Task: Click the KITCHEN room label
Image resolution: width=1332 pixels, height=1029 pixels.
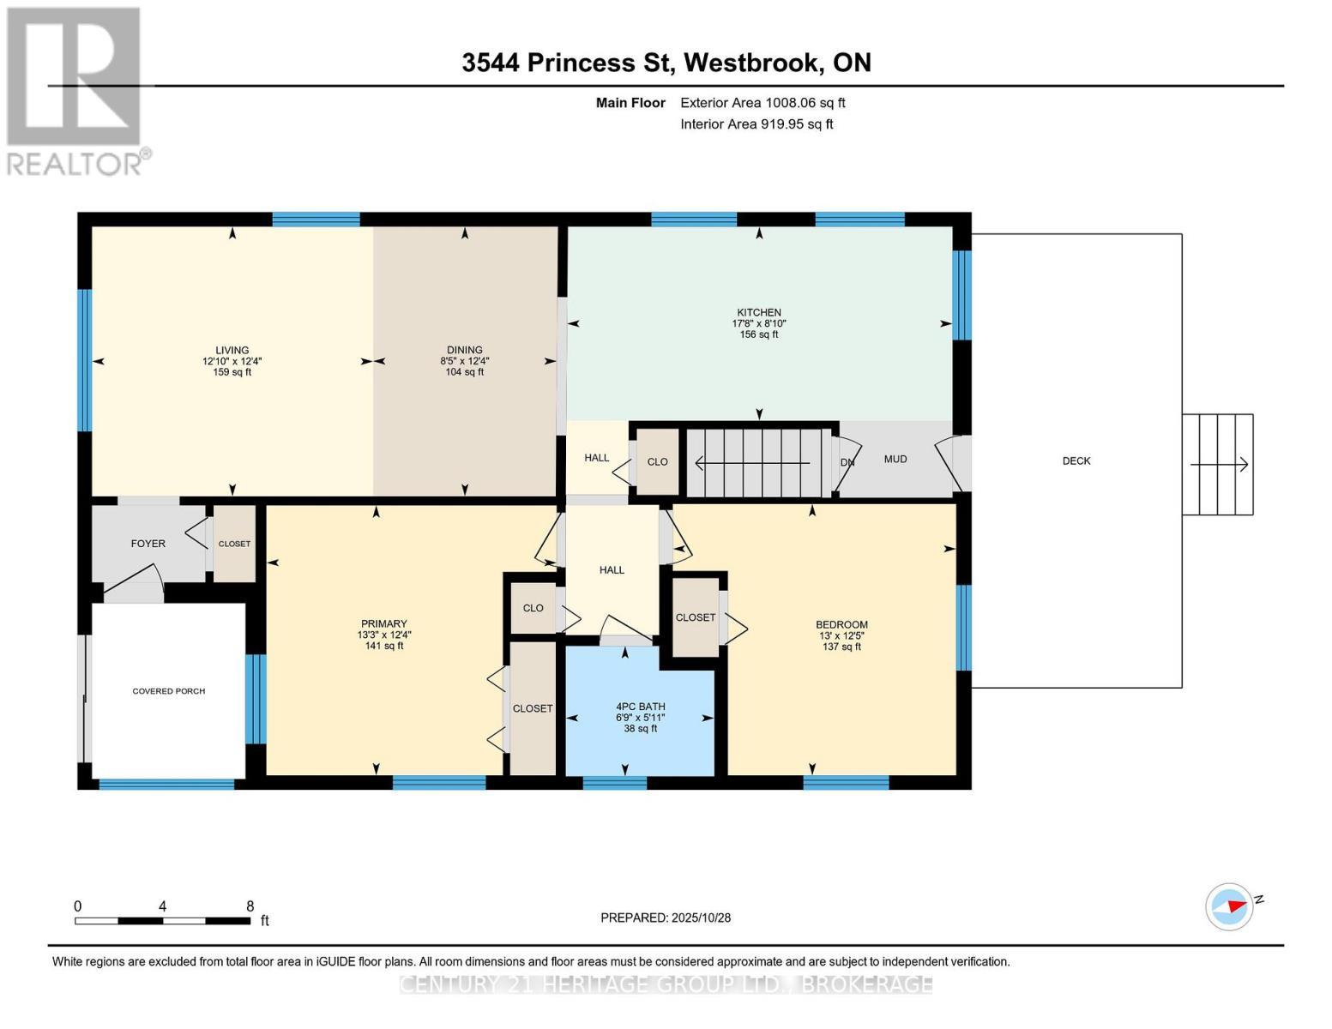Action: click(x=759, y=313)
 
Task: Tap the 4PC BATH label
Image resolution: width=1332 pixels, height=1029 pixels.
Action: click(x=640, y=707)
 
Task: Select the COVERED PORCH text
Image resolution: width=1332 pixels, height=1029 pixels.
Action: click(x=169, y=691)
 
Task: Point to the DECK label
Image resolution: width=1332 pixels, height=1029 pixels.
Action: click(x=1076, y=461)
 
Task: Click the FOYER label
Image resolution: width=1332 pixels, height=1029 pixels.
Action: click(x=148, y=544)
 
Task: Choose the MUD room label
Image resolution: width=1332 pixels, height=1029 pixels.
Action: click(x=895, y=460)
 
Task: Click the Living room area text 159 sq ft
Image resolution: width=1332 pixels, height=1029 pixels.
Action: click(x=232, y=372)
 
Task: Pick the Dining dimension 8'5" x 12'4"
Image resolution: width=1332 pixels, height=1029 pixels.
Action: click(x=465, y=361)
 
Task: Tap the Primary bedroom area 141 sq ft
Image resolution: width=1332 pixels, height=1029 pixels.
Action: click(x=383, y=646)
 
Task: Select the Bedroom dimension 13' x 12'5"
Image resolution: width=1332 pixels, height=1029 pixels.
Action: click(x=841, y=635)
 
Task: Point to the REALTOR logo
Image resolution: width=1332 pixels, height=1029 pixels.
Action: click(x=74, y=91)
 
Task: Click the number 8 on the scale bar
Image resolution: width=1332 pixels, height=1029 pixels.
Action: click(x=250, y=906)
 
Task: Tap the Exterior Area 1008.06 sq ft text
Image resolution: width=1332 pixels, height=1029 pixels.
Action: click(x=762, y=103)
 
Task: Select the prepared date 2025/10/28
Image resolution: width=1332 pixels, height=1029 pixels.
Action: click(x=701, y=918)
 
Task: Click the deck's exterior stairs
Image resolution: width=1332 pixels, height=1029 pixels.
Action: click(x=1218, y=465)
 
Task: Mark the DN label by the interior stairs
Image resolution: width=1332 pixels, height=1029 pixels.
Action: click(x=847, y=463)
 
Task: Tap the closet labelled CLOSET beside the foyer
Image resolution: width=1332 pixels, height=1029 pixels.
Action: click(x=234, y=544)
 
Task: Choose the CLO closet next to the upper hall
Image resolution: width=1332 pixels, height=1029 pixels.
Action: click(x=657, y=462)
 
